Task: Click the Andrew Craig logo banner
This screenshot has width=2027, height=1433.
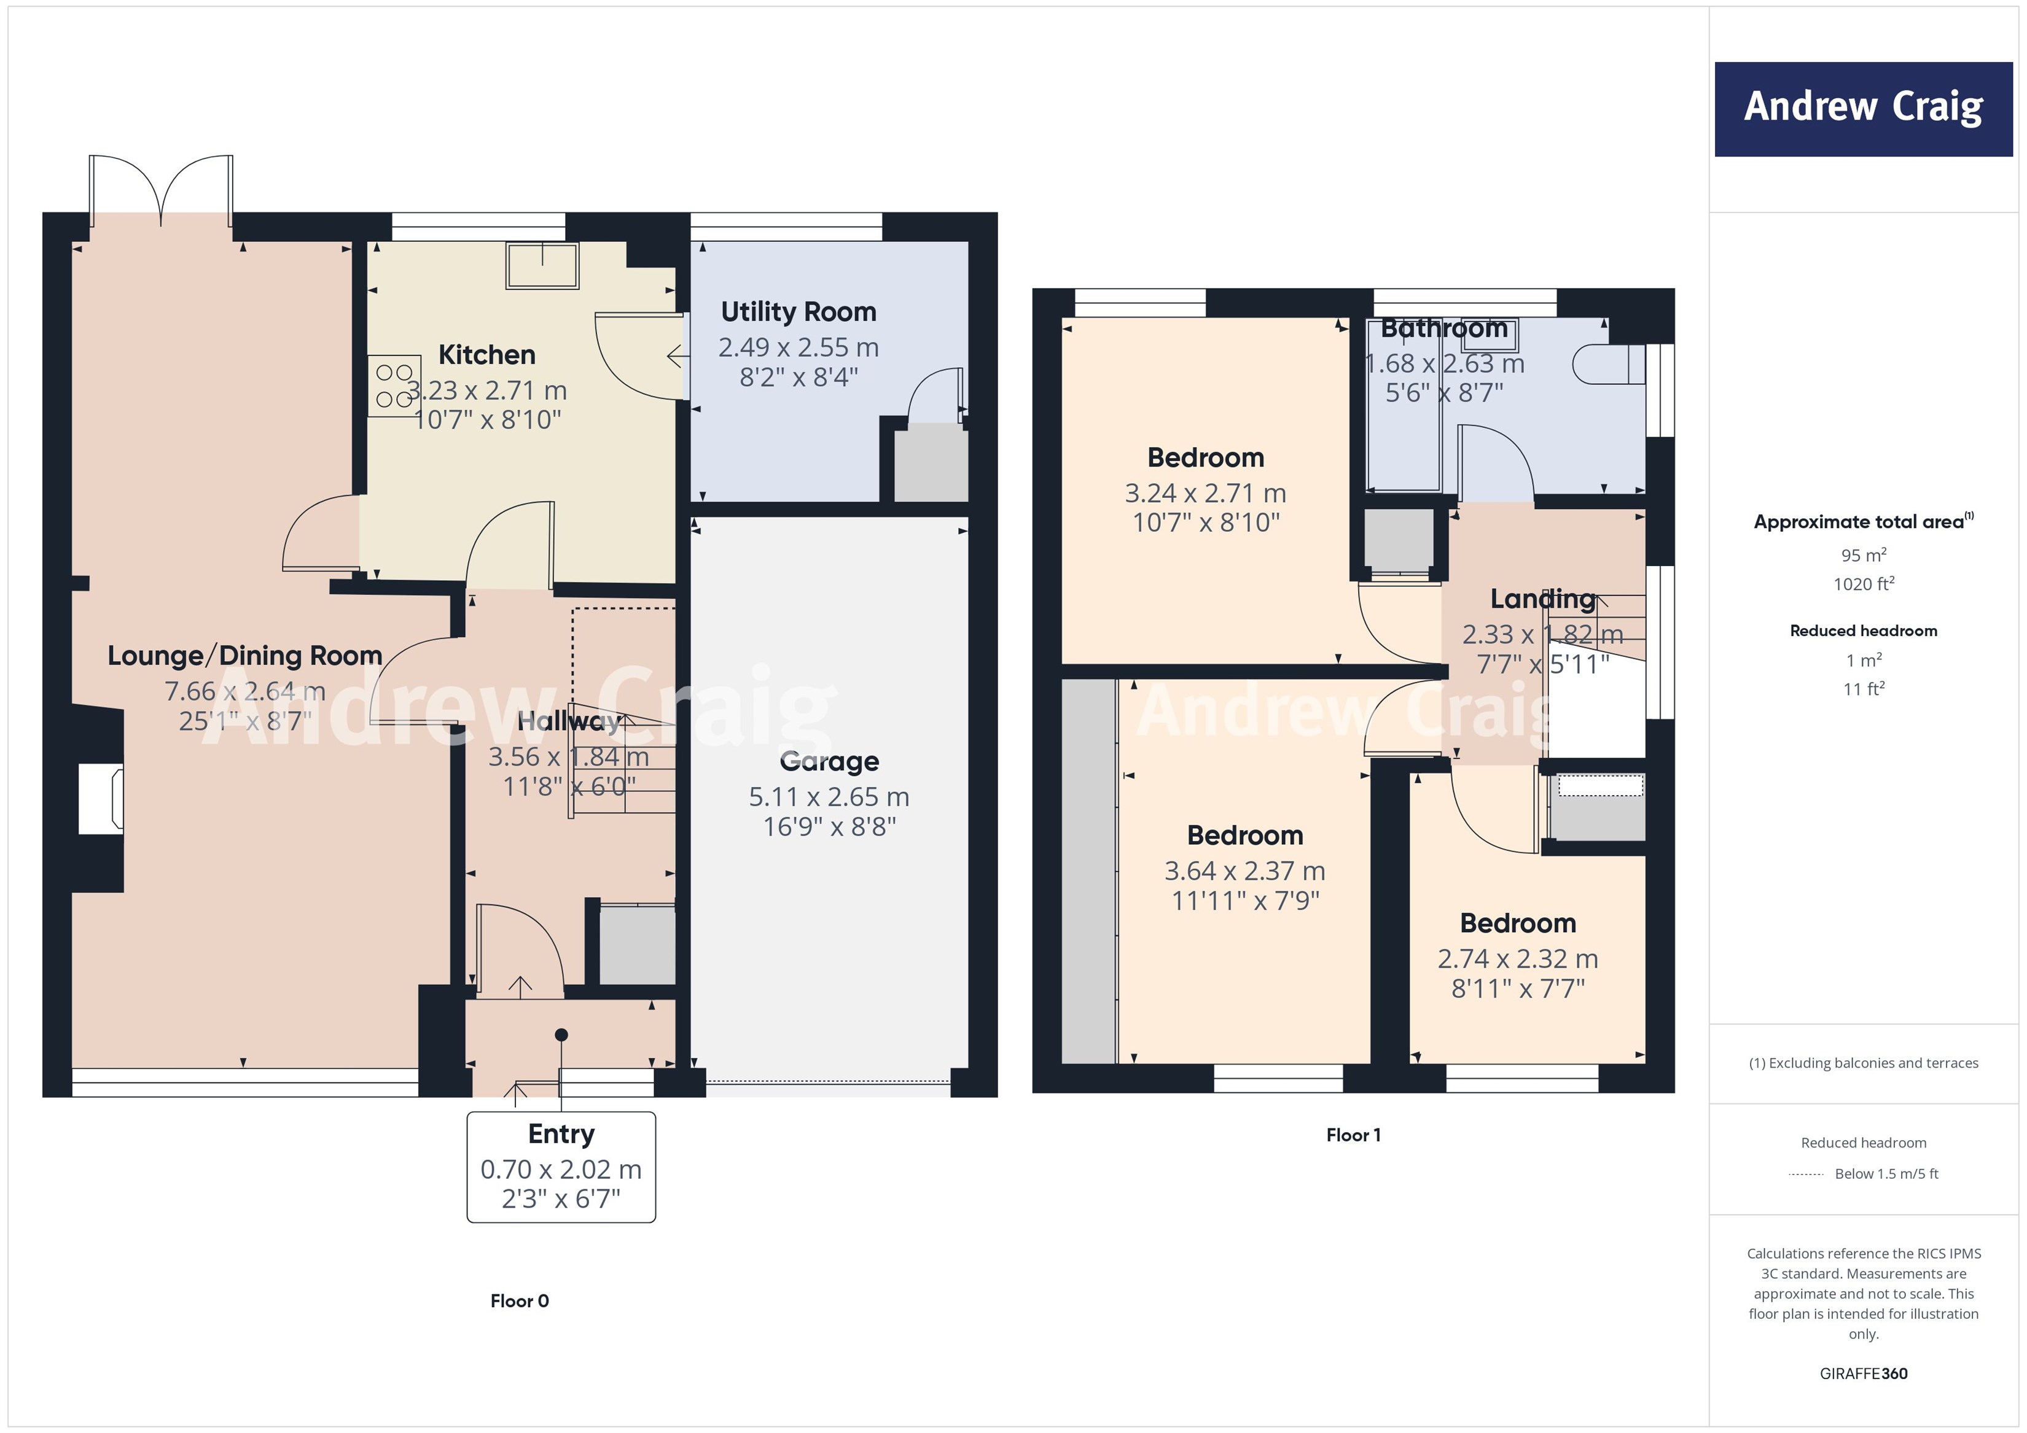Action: (1863, 109)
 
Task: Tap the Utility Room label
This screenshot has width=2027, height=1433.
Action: (798, 311)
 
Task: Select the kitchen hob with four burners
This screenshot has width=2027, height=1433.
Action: (394, 386)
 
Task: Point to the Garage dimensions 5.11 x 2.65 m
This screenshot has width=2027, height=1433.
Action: (828, 797)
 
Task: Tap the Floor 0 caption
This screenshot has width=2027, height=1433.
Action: (519, 1300)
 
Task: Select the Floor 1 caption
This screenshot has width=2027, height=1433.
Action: (1353, 1135)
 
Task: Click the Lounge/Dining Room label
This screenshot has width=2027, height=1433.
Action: (244, 656)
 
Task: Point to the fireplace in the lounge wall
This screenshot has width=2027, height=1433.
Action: (100, 799)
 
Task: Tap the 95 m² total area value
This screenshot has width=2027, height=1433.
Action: (1863, 555)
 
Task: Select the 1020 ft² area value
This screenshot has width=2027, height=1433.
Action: (1863, 584)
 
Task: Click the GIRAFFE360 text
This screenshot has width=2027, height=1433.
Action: (1863, 1373)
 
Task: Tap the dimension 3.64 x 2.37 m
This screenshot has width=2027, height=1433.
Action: (1244, 871)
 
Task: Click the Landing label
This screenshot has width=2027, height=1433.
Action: (1542, 599)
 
